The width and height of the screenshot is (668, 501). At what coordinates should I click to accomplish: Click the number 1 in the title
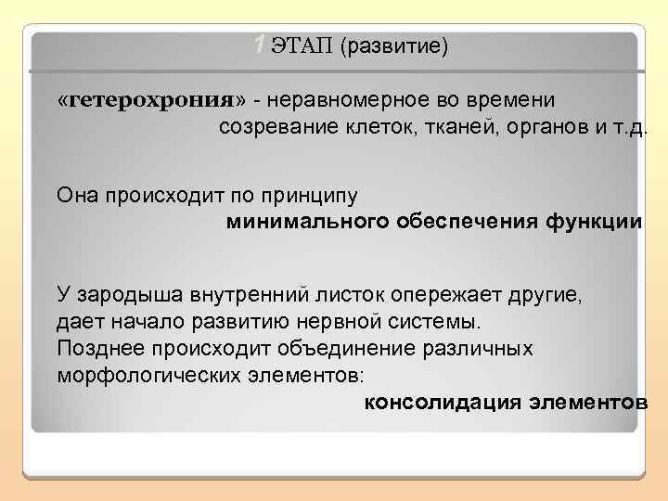260,43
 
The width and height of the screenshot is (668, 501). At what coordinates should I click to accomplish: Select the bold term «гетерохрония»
154,100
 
